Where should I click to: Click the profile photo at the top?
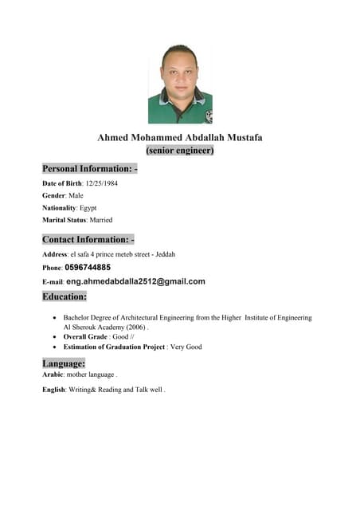[x=180, y=84]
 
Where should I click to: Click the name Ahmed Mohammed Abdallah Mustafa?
[x=180, y=138]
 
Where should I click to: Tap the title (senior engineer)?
[x=180, y=150]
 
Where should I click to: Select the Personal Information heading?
[x=90, y=169]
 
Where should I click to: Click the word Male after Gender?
[x=76, y=195]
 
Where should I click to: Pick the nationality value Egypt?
[x=88, y=207]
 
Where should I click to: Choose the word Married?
[x=100, y=219]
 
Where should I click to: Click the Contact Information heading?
[x=88, y=239]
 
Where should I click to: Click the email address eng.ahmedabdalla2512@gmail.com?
[x=135, y=281]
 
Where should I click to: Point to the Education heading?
[x=65, y=296]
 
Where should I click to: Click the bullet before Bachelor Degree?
[x=53, y=318]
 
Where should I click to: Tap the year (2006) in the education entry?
[x=135, y=327]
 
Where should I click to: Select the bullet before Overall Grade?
[x=53, y=337]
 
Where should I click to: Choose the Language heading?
[x=63, y=363]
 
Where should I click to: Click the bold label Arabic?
[x=53, y=374]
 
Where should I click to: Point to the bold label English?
[x=54, y=390]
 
